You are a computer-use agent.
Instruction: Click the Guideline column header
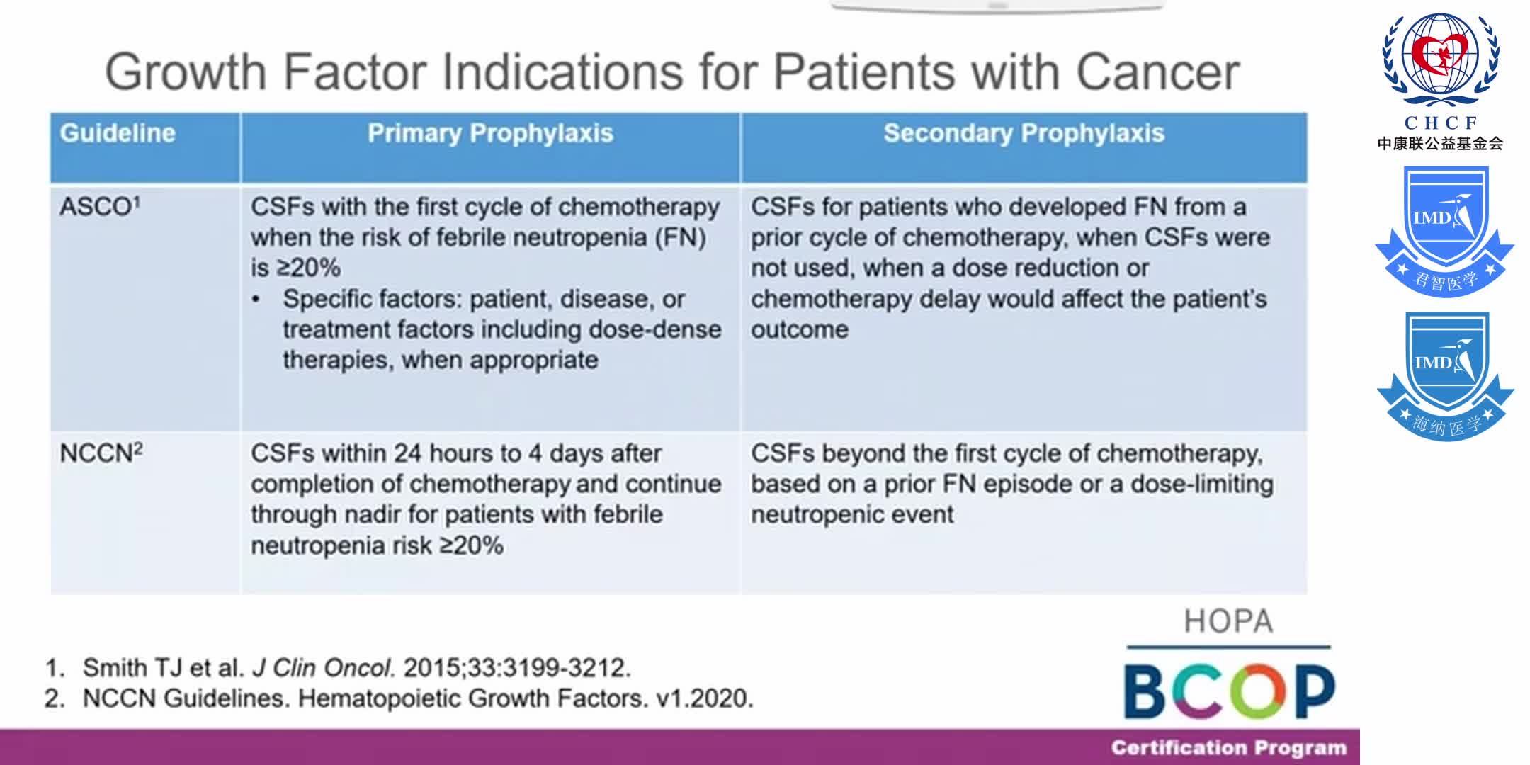pyautogui.click(x=118, y=133)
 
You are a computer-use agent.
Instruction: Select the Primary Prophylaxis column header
pyautogui.click(x=490, y=133)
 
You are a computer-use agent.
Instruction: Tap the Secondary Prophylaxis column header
pyautogui.click(x=1024, y=133)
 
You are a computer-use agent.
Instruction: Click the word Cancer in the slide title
pyautogui.click(x=1157, y=72)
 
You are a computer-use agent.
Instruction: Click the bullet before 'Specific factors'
pyautogui.click(x=256, y=300)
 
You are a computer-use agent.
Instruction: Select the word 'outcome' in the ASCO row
pyautogui.click(x=799, y=329)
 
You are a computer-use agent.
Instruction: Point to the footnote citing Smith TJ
pyautogui.click(x=337, y=667)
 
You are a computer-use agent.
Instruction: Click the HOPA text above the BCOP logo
pyautogui.click(x=1228, y=621)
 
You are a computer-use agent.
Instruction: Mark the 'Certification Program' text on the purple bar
pyautogui.click(x=1228, y=748)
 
